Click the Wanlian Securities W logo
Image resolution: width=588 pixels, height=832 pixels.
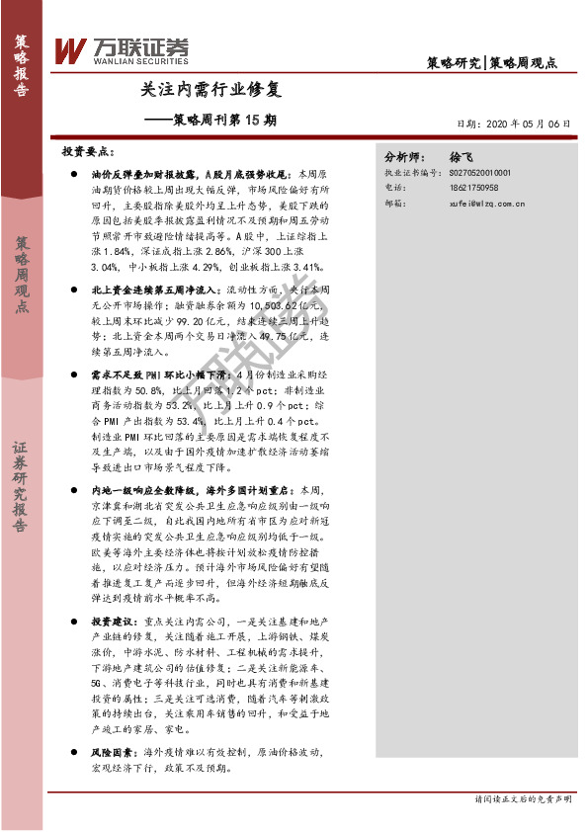tap(70, 49)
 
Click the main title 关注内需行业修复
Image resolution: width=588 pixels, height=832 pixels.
tap(211, 90)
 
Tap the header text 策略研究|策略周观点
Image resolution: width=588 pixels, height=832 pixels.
tap(491, 62)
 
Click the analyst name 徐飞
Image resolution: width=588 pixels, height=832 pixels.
tap(462, 157)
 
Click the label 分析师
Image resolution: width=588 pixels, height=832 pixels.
tap(403, 157)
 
